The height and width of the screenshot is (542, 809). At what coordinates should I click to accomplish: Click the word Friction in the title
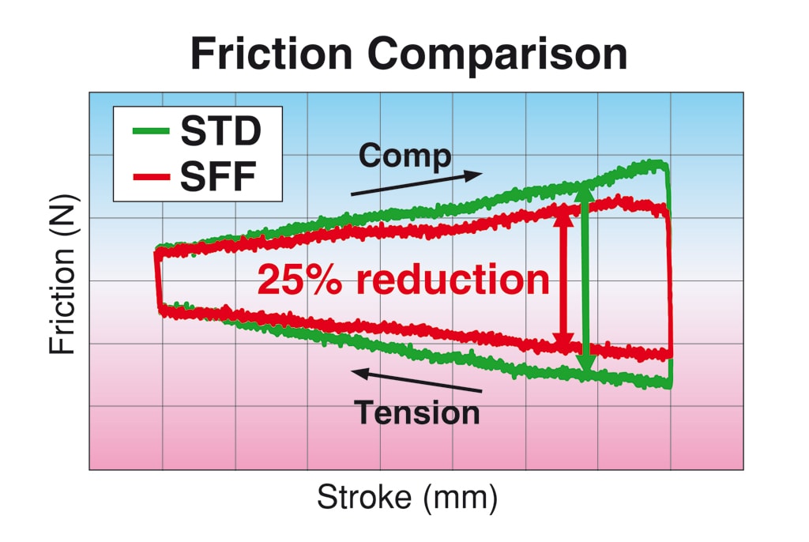[x=272, y=54]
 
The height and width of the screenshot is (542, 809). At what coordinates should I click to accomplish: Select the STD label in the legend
[x=221, y=131]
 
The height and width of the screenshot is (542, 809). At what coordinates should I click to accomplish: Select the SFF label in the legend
[x=218, y=176]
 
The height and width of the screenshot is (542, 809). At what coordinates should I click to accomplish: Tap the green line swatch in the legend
[x=151, y=131]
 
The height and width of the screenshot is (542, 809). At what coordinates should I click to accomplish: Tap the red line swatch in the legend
[x=151, y=177]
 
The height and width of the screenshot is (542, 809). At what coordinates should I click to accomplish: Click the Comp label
[x=405, y=156]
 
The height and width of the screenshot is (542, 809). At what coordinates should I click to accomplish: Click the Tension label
[x=417, y=413]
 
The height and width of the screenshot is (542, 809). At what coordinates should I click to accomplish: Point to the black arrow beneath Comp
[x=416, y=183]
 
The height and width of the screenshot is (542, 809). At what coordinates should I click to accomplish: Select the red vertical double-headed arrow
[x=563, y=280]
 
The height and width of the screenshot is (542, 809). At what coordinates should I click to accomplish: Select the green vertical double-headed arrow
[x=585, y=279]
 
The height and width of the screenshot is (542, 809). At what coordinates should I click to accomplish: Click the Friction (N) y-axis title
[x=63, y=275]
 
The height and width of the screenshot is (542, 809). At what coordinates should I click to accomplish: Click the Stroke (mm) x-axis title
[x=407, y=497]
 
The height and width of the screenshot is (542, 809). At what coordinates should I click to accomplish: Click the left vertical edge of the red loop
[x=158, y=281]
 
